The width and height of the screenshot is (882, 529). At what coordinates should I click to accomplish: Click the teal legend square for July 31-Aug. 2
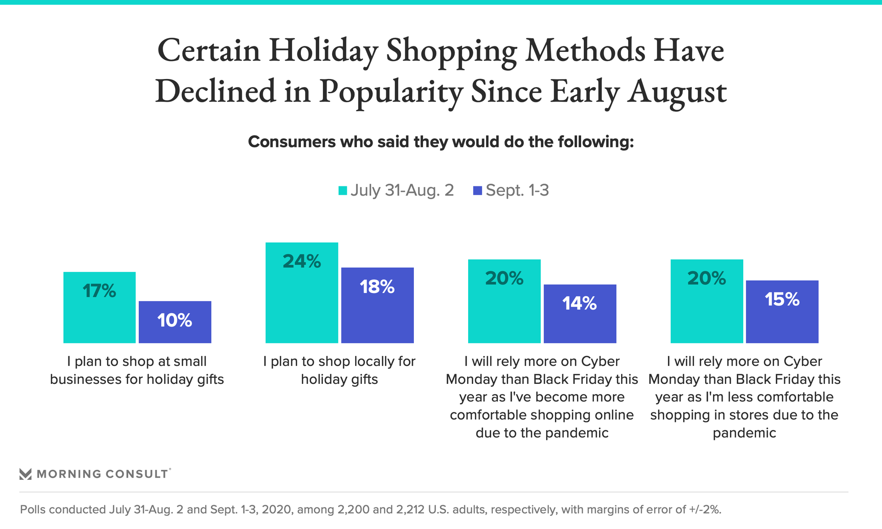(343, 191)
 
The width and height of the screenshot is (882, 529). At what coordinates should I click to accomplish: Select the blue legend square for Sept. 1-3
(478, 191)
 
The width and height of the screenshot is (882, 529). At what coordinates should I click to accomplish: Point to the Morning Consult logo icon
(26, 474)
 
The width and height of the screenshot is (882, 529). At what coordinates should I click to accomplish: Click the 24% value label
(302, 261)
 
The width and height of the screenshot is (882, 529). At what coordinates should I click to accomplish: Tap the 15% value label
(782, 299)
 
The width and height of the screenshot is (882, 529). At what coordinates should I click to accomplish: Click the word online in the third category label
(614, 415)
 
